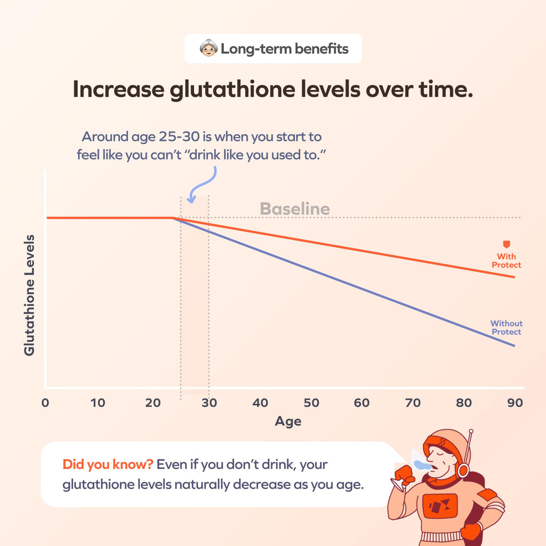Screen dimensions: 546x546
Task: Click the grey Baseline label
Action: point(294,209)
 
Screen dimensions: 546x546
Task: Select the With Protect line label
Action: point(506,260)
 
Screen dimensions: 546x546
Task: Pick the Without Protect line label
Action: point(506,328)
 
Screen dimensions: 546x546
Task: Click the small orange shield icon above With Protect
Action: point(506,245)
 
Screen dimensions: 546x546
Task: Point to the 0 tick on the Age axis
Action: point(45,403)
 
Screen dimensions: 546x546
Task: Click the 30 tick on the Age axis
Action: point(209,403)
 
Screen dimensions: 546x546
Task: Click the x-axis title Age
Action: point(288,421)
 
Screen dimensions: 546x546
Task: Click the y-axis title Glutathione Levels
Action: point(29,295)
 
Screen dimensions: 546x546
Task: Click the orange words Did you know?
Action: point(107,465)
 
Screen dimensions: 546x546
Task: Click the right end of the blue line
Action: point(514,346)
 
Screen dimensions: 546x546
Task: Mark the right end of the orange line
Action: point(514,277)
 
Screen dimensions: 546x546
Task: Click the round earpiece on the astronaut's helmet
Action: point(463,469)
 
